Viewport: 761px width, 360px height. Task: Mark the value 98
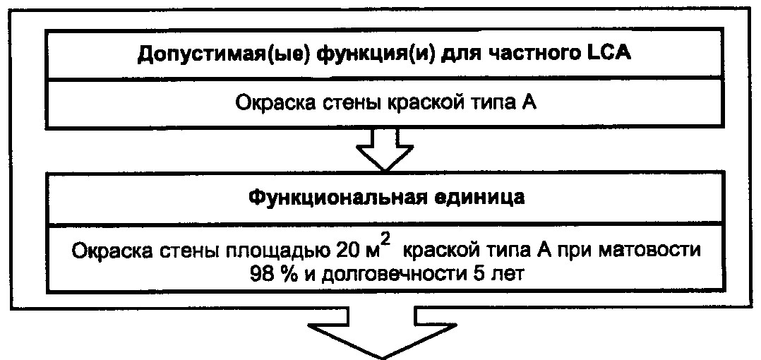tap(260, 273)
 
